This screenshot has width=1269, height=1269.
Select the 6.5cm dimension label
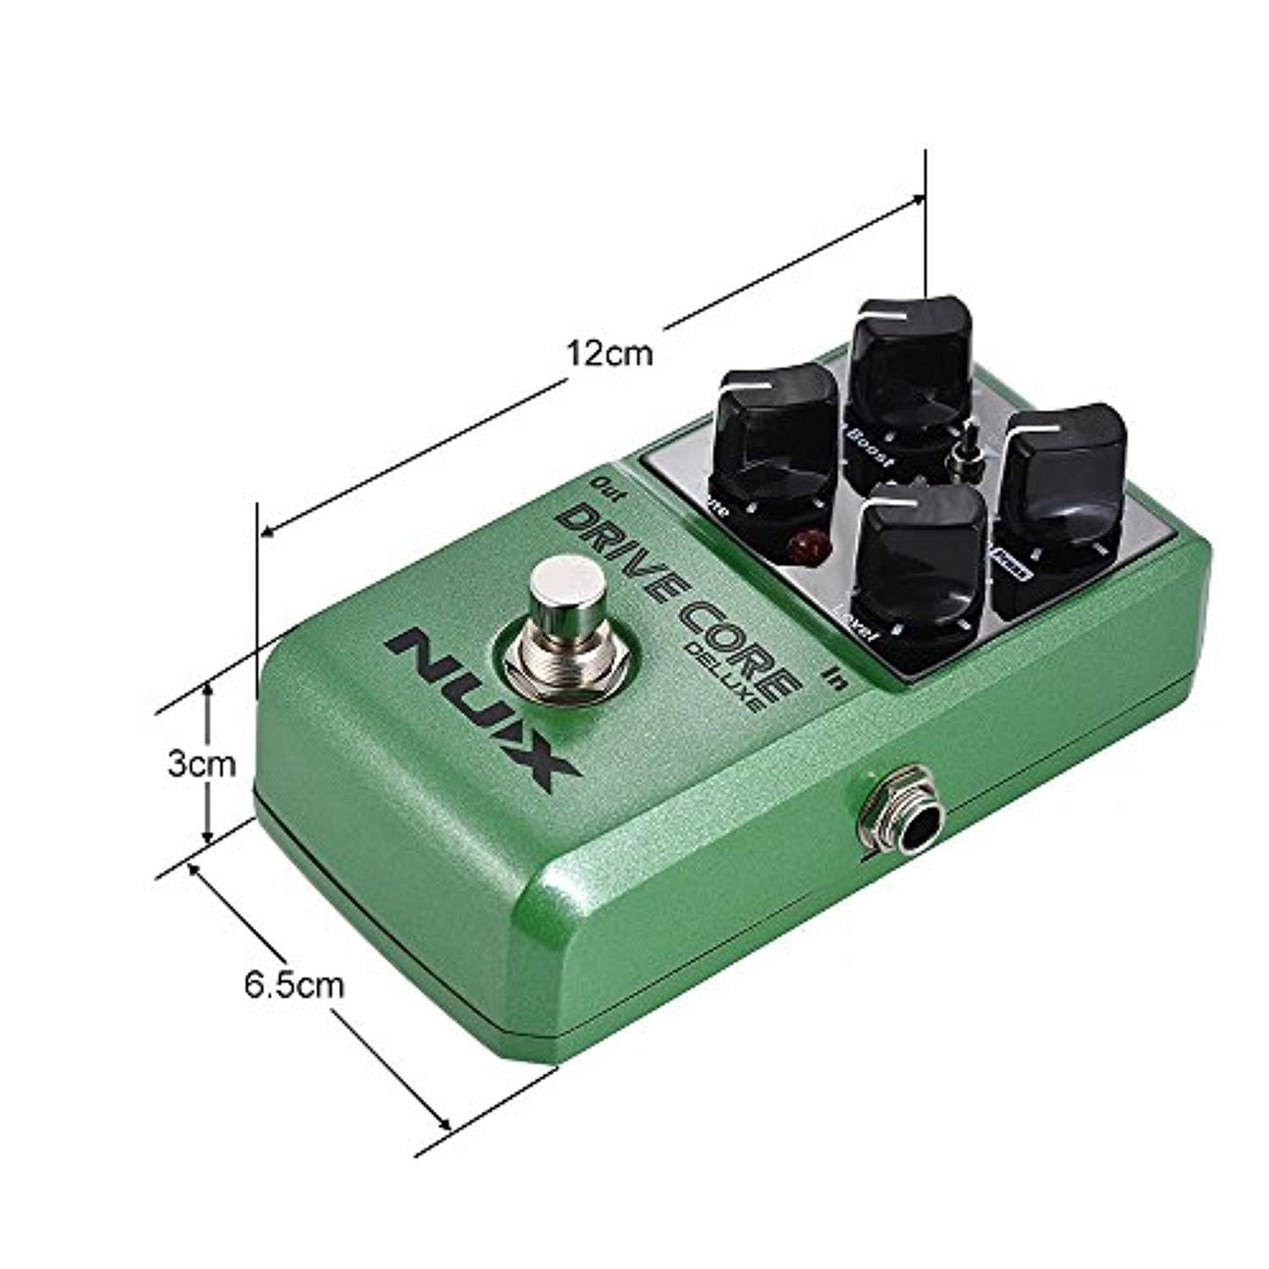(295, 985)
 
